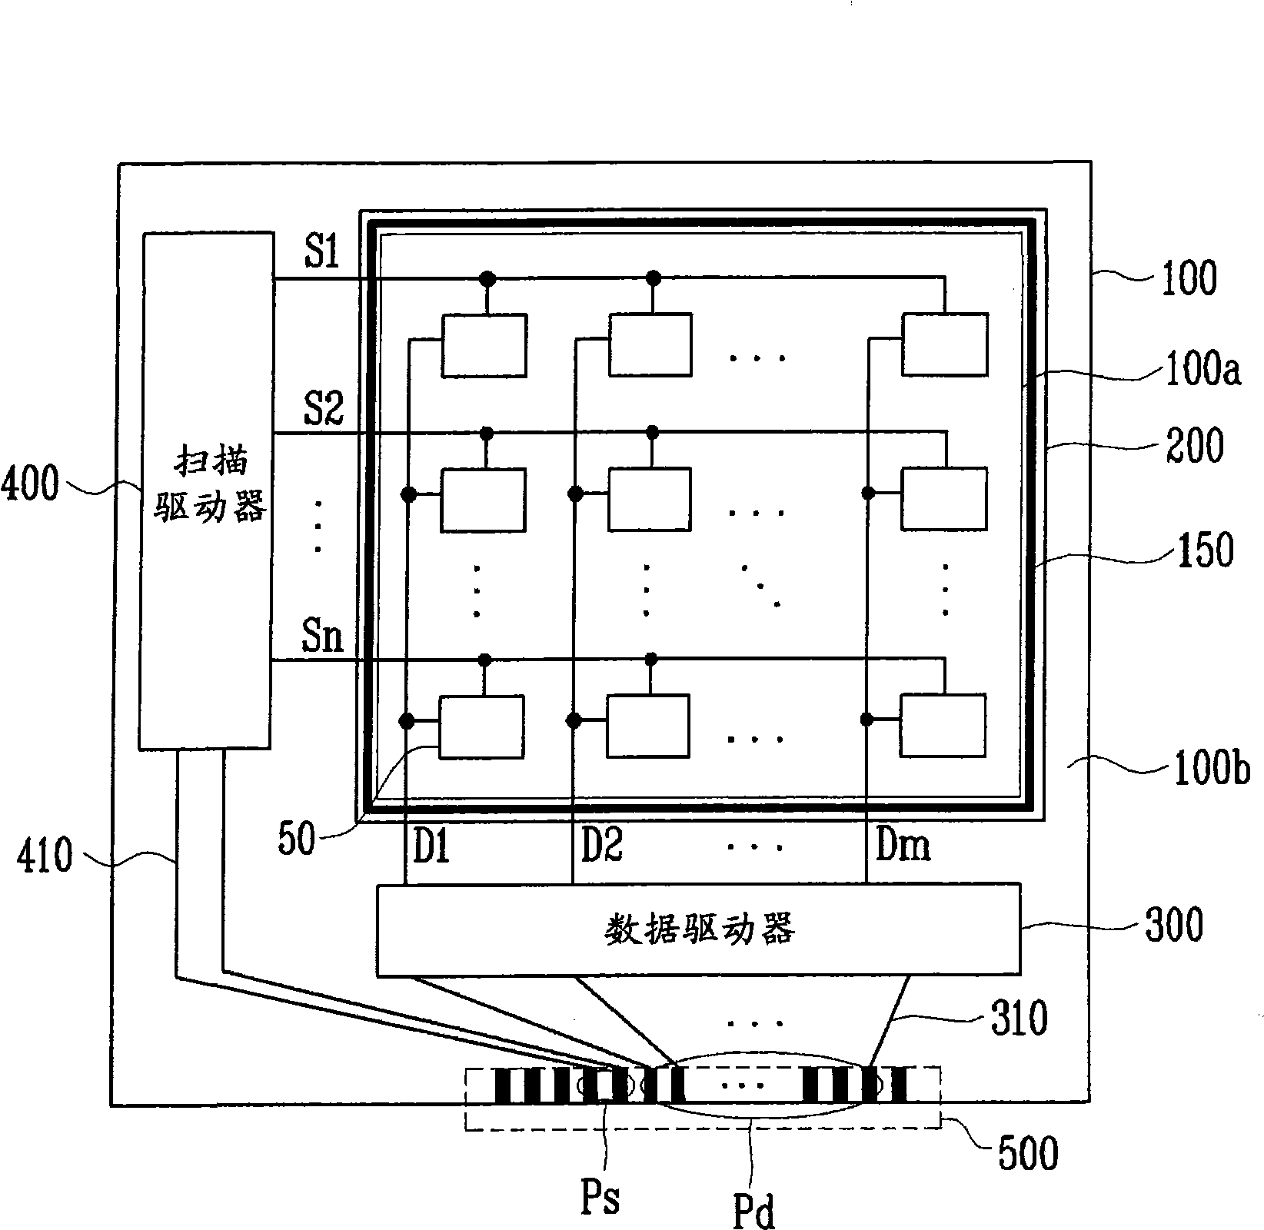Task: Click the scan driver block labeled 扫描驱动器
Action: (x=206, y=490)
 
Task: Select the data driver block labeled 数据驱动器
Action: (x=698, y=930)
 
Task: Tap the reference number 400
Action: (x=31, y=487)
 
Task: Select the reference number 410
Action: (x=45, y=855)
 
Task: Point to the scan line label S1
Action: (x=321, y=251)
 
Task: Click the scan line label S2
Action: (x=323, y=407)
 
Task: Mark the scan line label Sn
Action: (x=322, y=637)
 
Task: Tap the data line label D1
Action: (x=431, y=846)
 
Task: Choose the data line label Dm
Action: (x=903, y=846)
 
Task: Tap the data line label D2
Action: (x=601, y=846)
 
